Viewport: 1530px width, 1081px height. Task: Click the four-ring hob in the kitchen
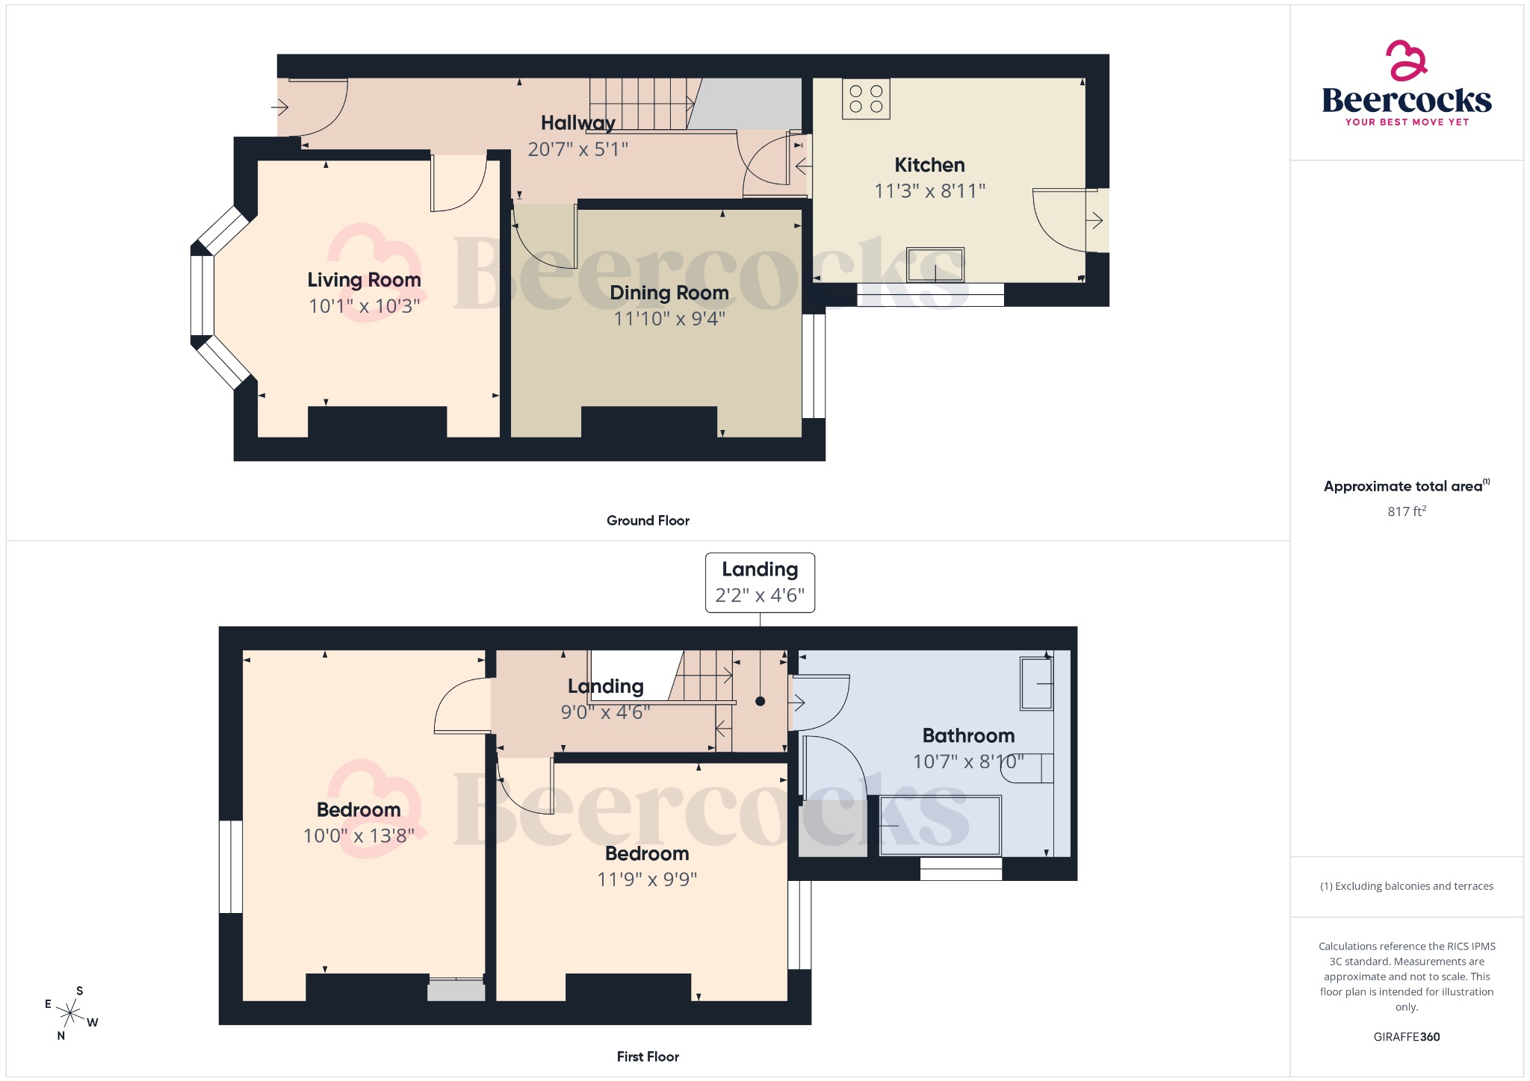pos(866,99)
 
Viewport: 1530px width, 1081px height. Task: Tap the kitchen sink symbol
pos(935,264)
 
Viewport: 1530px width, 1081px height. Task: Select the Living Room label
pos(364,280)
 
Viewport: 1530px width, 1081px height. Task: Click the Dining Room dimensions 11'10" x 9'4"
pos(669,319)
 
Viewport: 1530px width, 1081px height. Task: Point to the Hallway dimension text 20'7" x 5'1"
pos(577,149)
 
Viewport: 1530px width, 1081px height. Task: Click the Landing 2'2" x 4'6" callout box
pos(760,582)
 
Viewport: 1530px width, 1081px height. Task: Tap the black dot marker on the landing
pos(760,701)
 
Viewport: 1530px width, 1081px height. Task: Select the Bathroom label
pos(968,735)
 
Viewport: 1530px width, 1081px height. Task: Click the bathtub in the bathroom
pos(940,826)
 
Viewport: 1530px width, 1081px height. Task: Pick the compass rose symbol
pos(71,1013)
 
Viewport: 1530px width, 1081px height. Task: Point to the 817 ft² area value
pos(1406,511)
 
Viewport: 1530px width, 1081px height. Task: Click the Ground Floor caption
pos(648,520)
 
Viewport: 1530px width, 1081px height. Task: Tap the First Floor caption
pos(648,1056)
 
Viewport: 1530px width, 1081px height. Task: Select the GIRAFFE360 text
pos(1406,1036)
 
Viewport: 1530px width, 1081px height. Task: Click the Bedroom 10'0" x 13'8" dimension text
pos(359,835)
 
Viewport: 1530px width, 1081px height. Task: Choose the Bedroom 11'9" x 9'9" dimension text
pos(647,879)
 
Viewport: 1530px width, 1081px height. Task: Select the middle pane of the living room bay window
pos(202,296)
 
